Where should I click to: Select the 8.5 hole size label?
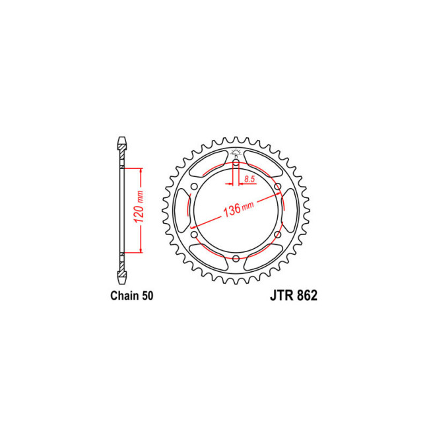click(249, 179)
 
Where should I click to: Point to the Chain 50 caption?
click(132, 296)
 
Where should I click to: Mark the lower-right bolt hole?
click(278, 234)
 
